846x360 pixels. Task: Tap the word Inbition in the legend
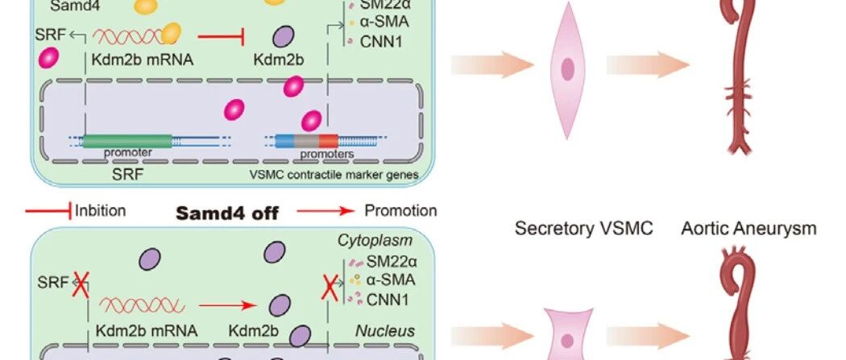pos(100,211)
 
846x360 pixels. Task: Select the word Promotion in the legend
pos(400,211)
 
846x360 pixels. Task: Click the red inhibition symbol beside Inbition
pos(49,211)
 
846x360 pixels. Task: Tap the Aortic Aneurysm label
pos(749,229)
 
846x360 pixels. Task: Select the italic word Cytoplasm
pos(388,241)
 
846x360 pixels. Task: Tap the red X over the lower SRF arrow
pos(80,283)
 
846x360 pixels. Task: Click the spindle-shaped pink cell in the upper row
pos(567,68)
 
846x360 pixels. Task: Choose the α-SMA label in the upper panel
pos(377,22)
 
